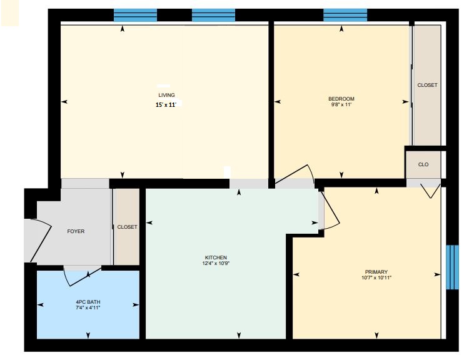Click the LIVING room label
point(166,95)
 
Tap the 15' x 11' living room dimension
point(166,104)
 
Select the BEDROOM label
point(341,99)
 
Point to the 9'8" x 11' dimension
point(341,104)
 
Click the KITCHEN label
point(216,257)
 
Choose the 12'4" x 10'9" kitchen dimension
point(216,263)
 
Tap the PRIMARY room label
point(376,272)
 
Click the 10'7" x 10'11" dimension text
point(376,277)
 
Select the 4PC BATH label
point(88,302)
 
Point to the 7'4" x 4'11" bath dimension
point(88,307)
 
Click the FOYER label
point(76,231)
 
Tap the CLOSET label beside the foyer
point(127,227)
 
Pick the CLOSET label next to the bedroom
point(427,85)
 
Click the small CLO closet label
point(423,164)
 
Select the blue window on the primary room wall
point(452,267)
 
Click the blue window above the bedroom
point(345,15)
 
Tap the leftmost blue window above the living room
point(136,15)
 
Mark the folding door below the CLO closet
point(430,191)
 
